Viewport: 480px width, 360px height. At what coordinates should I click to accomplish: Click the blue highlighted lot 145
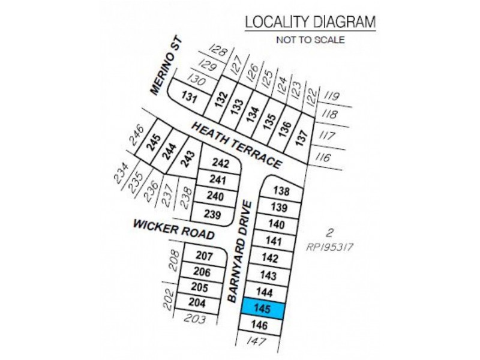pyautogui.click(x=263, y=310)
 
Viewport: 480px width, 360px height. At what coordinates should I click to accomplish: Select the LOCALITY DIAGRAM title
pyautogui.click(x=310, y=22)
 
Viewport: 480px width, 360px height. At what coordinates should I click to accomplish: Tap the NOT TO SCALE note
pyautogui.click(x=310, y=41)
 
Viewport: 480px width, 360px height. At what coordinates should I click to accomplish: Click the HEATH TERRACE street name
pyautogui.click(x=237, y=145)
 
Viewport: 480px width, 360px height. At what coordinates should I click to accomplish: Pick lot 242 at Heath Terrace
pyautogui.click(x=221, y=163)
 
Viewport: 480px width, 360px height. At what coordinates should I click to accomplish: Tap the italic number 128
pyautogui.click(x=220, y=50)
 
